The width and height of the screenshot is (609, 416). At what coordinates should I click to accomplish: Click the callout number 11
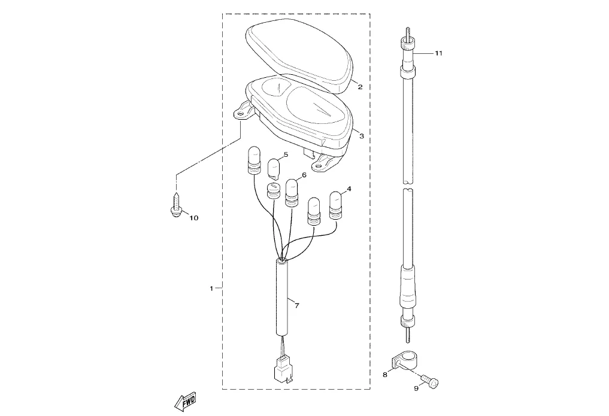tap(438, 53)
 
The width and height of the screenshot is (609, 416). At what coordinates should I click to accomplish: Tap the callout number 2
tap(360, 87)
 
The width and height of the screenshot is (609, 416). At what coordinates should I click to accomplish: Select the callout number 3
tap(362, 136)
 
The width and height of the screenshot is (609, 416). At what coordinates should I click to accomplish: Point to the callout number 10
tap(193, 218)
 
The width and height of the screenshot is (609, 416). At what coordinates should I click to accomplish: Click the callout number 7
tap(297, 306)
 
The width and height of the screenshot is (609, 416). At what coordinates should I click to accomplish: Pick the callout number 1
tap(211, 289)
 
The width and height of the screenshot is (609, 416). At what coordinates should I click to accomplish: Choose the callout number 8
tap(385, 375)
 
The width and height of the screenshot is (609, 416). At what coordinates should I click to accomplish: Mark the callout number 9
tap(416, 388)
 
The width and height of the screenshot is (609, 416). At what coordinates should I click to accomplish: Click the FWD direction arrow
tap(185, 402)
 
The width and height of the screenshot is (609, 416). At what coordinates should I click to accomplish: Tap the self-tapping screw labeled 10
tap(176, 204)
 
